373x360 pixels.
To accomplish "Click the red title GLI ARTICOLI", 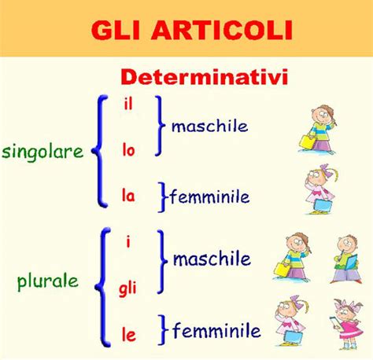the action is pyautogui.click(x=192, y=30).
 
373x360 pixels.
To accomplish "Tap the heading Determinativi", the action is pyautogui.click(x=205, y=77).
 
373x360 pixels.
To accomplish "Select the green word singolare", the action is pyautogui.click(x=42, y=152).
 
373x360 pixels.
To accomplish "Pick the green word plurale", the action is pyautogui.click(x=48, y=282).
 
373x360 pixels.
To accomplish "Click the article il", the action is pyautogui.click(x=128, y=105).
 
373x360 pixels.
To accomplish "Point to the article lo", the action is pyautogui.click(x=128, y=150).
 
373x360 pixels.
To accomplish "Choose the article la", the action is pyautogui.click(x=128, y=196).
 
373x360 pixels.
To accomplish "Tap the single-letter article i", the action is pyautogui.click(x=128, y=241).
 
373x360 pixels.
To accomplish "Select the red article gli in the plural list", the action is pyautogui.click(x=127, y=289).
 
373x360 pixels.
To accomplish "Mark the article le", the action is pyautogui.click(x=129, y=335).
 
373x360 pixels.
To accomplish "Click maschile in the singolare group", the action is pyautogui.click(x=209, y=126).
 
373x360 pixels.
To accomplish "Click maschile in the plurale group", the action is pyautogui.click(x=212, y=259).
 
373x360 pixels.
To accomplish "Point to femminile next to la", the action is pyautogui.click(x=210, y=197).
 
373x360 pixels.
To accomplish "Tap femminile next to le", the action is pyautogui.click(x=216, y=330).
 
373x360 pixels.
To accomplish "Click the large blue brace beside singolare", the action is pyautogui.click(x=100, y=151).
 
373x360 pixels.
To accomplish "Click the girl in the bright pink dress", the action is pyautogui.click(x=348, y=324).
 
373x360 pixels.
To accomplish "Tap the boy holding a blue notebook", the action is pyautogui.click(x=346, y=259).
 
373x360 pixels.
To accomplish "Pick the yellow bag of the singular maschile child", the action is pyautogui.click(x=308, y=142).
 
